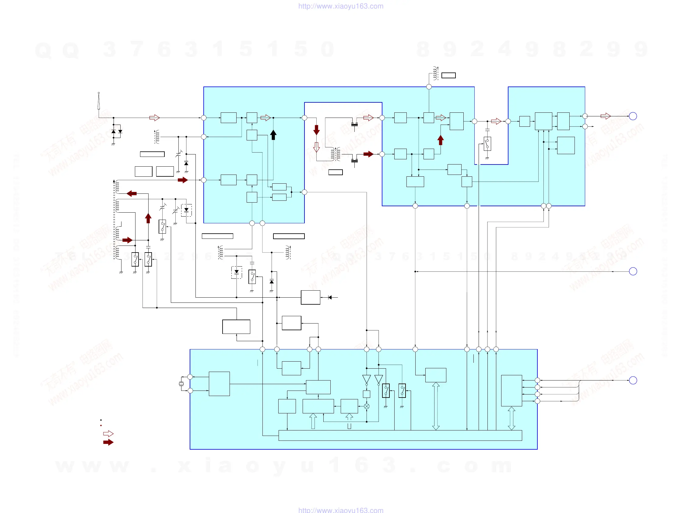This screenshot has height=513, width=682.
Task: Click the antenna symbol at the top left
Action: pos(99,101)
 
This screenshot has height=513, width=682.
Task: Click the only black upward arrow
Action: pos(273,135)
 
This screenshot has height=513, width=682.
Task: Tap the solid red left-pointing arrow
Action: pos(132,193)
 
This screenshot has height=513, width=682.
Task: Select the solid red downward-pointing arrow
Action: pos(316,130)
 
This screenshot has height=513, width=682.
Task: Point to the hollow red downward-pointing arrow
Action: pos(316,147)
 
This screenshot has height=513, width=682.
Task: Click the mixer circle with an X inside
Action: pos(367,406)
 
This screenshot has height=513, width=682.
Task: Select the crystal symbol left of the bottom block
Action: pos(181,384)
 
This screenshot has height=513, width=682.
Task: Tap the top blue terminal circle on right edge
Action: pos(633,116)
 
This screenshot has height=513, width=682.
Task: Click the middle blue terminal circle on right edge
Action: pos(633,271)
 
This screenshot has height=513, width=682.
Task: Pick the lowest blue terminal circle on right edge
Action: pos(633,380)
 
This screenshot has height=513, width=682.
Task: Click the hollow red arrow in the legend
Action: pos(108,434)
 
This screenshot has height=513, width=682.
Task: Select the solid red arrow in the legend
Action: pos(108,442)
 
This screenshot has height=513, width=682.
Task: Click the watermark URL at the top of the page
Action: pos(341,6)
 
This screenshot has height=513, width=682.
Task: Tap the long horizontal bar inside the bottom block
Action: pos(400,435)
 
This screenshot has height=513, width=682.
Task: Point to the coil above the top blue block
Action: pos(435,73)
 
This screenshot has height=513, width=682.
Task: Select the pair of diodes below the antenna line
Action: pos(117,132)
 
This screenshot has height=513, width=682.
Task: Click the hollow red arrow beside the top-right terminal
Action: pos(606,116)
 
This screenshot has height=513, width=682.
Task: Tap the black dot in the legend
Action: pos(101,420)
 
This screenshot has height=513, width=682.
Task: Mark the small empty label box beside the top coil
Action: pos(448,75)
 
